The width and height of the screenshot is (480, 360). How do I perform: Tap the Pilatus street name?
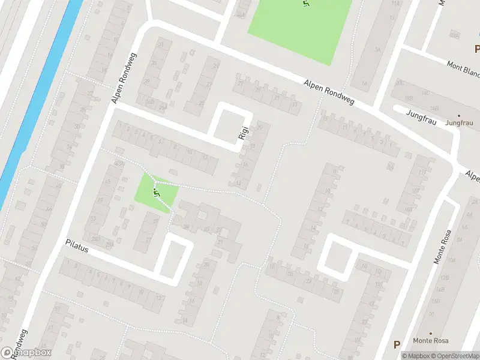point(76,247)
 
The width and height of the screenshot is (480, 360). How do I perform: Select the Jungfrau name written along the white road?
point(419,113)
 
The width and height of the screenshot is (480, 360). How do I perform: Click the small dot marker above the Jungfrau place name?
point(459,115)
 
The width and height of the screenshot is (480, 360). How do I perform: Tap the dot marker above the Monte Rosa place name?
point(431,333)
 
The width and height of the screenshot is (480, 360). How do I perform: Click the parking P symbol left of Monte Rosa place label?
point(397,344)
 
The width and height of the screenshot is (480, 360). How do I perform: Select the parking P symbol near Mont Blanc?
point(477,49)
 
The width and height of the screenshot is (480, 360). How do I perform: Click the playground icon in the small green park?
point(156,192)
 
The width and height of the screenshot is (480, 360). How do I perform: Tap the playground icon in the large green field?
point(307,4)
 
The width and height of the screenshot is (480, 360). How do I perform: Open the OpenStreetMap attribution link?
point(454,356)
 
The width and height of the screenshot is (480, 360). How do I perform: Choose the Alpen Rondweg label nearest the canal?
point(125,77)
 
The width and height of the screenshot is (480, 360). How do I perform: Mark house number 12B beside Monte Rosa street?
point(445,278)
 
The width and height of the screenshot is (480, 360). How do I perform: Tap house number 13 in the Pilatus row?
point(158,298)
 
